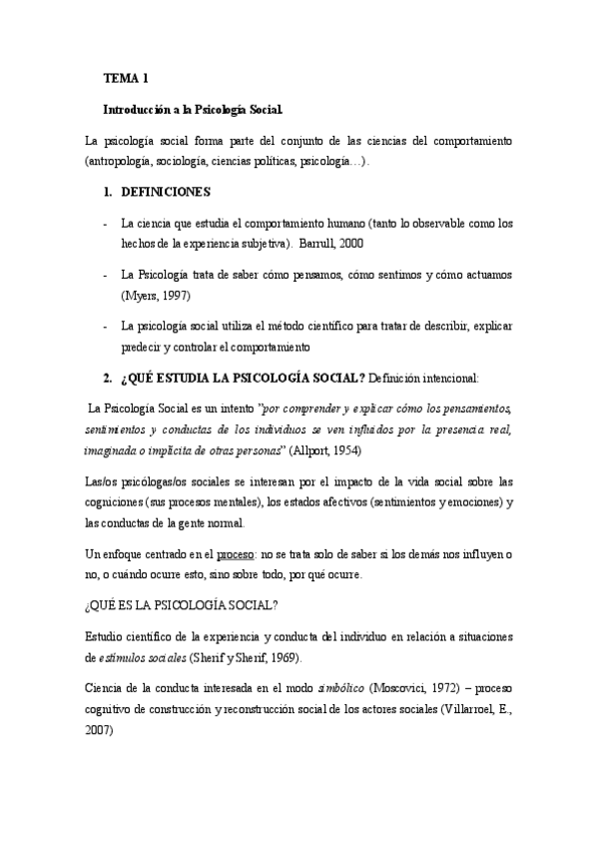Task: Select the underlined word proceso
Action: coord(239,552)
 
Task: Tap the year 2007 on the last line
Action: coord(99,730)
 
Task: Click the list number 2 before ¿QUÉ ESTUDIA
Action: coord(109,378)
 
